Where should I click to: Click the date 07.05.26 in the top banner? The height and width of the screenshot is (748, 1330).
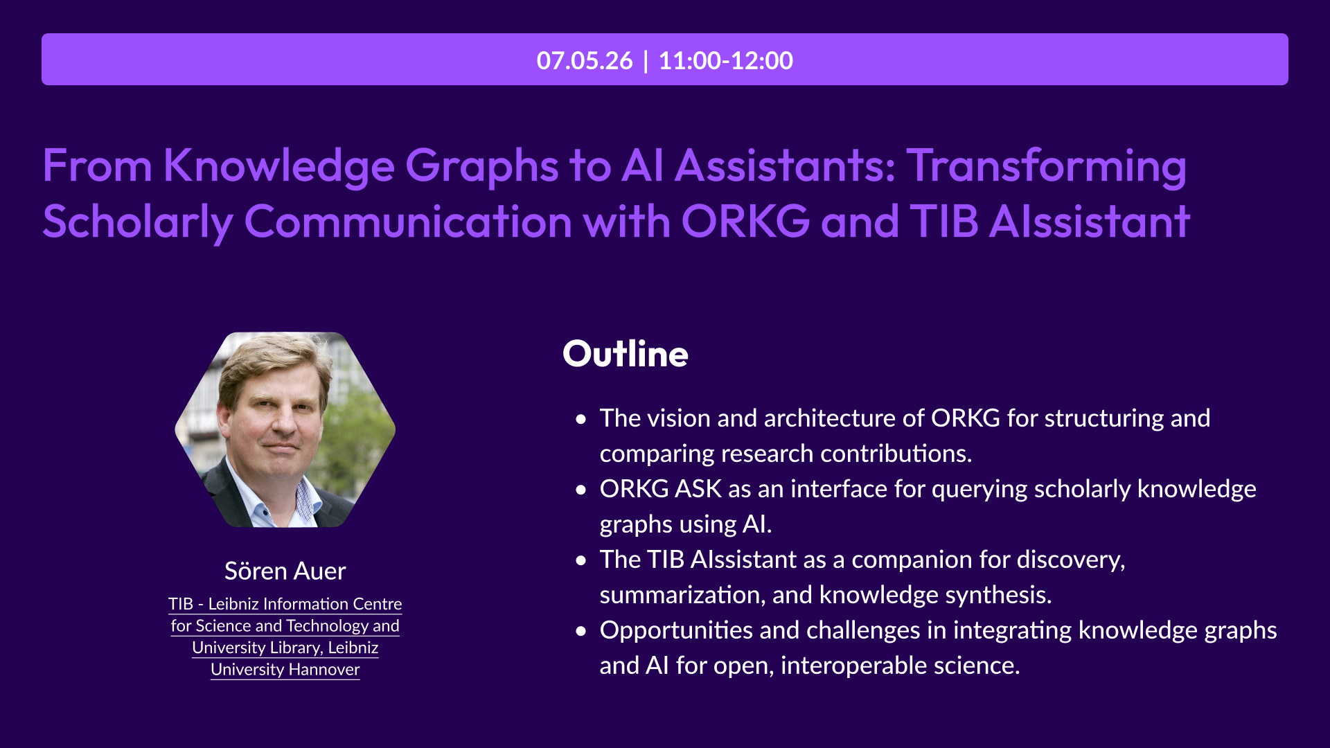click(585, 60)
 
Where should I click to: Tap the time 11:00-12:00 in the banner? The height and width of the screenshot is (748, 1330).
click(726, 60)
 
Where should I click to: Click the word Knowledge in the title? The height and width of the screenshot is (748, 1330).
click(279, 167)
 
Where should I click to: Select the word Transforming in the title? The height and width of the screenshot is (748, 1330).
click(1047, 167)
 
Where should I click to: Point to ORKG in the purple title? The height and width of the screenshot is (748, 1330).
click(745, 222)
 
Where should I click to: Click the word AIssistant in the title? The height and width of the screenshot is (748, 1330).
click(1090, 222)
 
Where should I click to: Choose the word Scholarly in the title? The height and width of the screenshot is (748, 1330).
click(138, 223)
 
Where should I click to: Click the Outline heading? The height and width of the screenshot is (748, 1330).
click(626, 354)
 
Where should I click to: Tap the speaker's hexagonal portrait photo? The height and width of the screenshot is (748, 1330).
click(285, 429)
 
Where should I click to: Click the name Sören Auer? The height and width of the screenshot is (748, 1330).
click(285, 571)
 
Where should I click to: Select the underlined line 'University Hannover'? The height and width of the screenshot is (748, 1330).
click(285, 670)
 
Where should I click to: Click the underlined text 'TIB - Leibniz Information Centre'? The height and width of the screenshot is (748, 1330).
click(285, 604)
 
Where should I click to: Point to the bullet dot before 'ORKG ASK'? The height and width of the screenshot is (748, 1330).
click(581, 490)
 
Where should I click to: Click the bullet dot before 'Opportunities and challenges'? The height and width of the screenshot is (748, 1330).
click(581, 631)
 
